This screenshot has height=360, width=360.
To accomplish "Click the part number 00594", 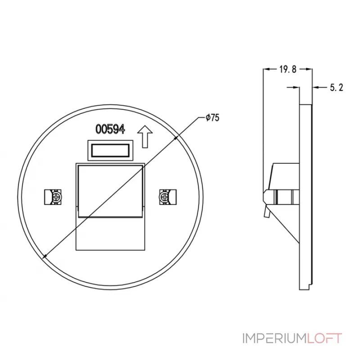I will (x=110, y=129).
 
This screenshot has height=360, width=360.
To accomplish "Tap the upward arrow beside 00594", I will (x=144, y=136).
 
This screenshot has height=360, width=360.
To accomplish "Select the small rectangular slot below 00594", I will (x=110, y=150).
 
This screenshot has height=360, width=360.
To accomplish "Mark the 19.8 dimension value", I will (x=287, y=69).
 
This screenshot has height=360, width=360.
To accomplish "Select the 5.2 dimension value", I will (x=337, y=88).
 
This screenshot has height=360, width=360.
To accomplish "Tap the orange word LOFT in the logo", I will (x=324, y=338).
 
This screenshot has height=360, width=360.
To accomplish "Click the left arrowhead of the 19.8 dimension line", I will (x=265, y=69).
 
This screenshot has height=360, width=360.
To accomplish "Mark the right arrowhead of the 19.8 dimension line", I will (x=310, y=69).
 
